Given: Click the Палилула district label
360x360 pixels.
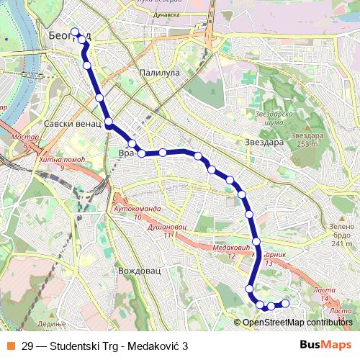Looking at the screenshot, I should coord(160,73).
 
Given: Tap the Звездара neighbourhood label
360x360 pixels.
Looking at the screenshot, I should coord(264,142).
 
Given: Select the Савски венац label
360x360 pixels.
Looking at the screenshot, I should coord(71,124).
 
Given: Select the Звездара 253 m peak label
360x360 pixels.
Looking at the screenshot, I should coord(305,139).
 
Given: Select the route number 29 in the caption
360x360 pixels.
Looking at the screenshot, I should coord(27,346).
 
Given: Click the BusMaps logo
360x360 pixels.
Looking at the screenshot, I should coord(325,346).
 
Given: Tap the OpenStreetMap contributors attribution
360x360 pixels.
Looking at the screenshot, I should coord(297,322).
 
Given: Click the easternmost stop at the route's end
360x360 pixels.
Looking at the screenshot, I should coord(285,303).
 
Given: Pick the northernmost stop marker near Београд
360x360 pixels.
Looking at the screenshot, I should coord(75,31).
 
